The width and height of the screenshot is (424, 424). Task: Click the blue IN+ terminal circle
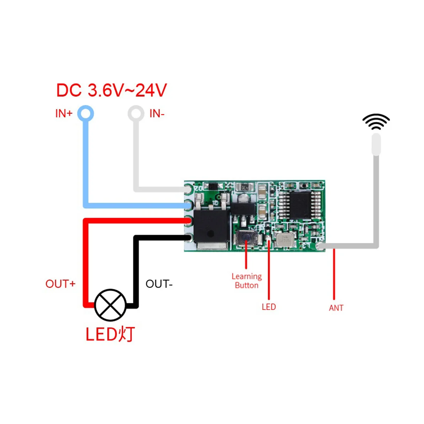click(86, 114)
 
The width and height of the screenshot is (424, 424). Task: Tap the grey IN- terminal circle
click(136, 114)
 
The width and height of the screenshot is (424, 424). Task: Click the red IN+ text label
click(64, 114)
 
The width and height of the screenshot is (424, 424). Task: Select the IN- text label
click(157, 114)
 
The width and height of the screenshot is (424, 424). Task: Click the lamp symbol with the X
click(110, 305)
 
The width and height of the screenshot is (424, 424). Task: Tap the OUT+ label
click(60, 284)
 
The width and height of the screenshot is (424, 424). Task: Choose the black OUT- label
click(159, 284)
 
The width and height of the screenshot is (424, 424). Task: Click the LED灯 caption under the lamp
click(110, 334)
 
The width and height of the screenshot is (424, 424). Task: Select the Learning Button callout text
click(247, 281)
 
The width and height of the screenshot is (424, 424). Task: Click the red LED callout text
click(269, 307)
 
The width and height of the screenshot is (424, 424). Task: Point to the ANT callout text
click(336, 308)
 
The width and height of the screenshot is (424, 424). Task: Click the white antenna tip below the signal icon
click(376, 144)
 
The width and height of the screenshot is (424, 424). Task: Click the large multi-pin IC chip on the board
click(301, 205)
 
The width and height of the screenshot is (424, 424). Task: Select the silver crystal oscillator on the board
click(285, 240)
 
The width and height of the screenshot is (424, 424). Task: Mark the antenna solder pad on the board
click(320, 246)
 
